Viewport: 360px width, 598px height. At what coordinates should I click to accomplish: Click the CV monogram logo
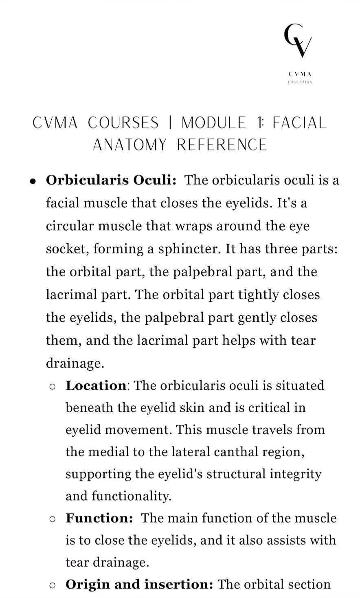point(299,41)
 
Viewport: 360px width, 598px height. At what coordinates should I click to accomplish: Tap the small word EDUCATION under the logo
point(300,82)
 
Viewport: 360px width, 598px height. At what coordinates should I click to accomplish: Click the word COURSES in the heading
point(123,123)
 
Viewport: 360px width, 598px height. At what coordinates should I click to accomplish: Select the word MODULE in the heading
point(214,123)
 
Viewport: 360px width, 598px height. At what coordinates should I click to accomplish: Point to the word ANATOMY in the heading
point(130,145)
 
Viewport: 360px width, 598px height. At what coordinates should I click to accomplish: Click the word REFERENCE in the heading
point(222,145)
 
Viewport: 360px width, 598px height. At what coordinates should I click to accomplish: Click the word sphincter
point(189,249)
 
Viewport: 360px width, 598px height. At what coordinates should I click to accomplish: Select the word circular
point(72,226)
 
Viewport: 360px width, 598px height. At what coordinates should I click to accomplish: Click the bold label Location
point(96,385)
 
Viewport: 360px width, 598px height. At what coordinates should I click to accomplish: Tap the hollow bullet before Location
point(52,386)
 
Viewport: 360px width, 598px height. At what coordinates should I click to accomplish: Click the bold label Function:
point(99,518)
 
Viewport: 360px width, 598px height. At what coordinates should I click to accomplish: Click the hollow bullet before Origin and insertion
point(52,585)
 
